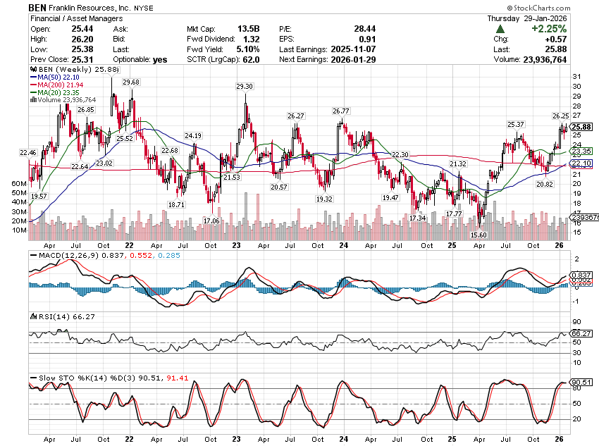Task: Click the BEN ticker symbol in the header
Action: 39,6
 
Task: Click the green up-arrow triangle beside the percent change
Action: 500,29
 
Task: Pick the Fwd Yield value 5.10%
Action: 247,49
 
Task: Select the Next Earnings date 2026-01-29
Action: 352,60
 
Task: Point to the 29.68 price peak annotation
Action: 131,82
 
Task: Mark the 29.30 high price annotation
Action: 245,86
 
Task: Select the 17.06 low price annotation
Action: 211,221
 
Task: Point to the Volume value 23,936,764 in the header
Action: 563,60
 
